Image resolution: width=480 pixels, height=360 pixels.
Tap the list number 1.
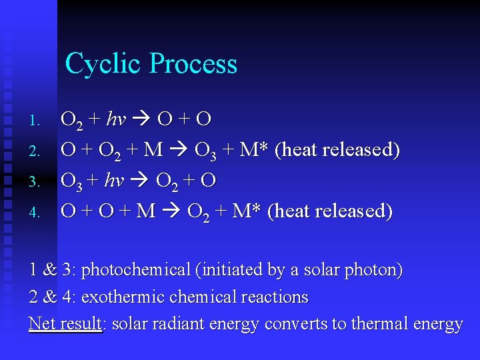pos(37,121)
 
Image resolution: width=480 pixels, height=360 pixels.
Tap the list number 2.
pos(37,152)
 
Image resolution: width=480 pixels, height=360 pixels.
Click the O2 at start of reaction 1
pos(71,121)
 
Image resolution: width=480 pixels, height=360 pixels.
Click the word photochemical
pos(136,270)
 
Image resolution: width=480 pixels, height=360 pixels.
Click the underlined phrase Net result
pos(65,324)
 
